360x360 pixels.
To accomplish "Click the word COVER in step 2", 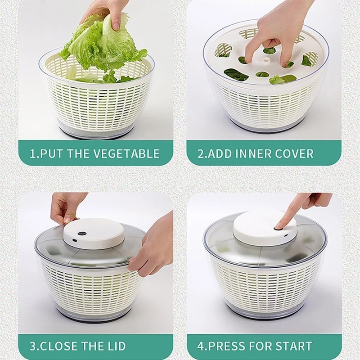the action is point(294,153).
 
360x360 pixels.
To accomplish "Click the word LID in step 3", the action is point(116,346).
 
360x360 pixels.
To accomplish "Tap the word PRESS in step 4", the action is point(226,346).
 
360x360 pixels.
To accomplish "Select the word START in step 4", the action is point(294,346).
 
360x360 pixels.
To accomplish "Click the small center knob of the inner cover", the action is point(266,61).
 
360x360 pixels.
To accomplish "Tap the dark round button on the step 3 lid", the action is point(81,233).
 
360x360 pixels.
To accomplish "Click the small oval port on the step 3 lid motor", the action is point(74,240).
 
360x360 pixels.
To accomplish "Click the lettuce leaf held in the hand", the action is point(103,46).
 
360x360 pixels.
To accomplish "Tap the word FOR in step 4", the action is point(261,346).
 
